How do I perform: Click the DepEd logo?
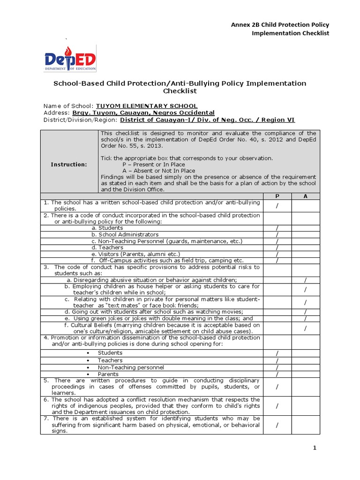pos(70,59)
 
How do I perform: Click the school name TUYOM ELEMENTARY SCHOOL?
pos(147,106)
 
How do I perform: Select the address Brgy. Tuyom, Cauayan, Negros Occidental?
pos(143,113)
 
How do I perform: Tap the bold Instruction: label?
pos(69,165)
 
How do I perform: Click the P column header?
pos(277,196)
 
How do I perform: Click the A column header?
pos(306,196)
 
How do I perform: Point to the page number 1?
pos(315,448)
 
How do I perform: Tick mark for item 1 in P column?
pos(277,206)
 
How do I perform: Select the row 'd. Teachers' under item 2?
pos(107,247)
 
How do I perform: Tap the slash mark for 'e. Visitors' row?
pos(277,254)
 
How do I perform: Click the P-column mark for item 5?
pos(277,387)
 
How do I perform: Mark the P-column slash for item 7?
pos(277,425)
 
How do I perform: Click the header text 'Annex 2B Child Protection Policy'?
pos(280,24)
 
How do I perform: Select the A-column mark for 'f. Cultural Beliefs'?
pos(306,328)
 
